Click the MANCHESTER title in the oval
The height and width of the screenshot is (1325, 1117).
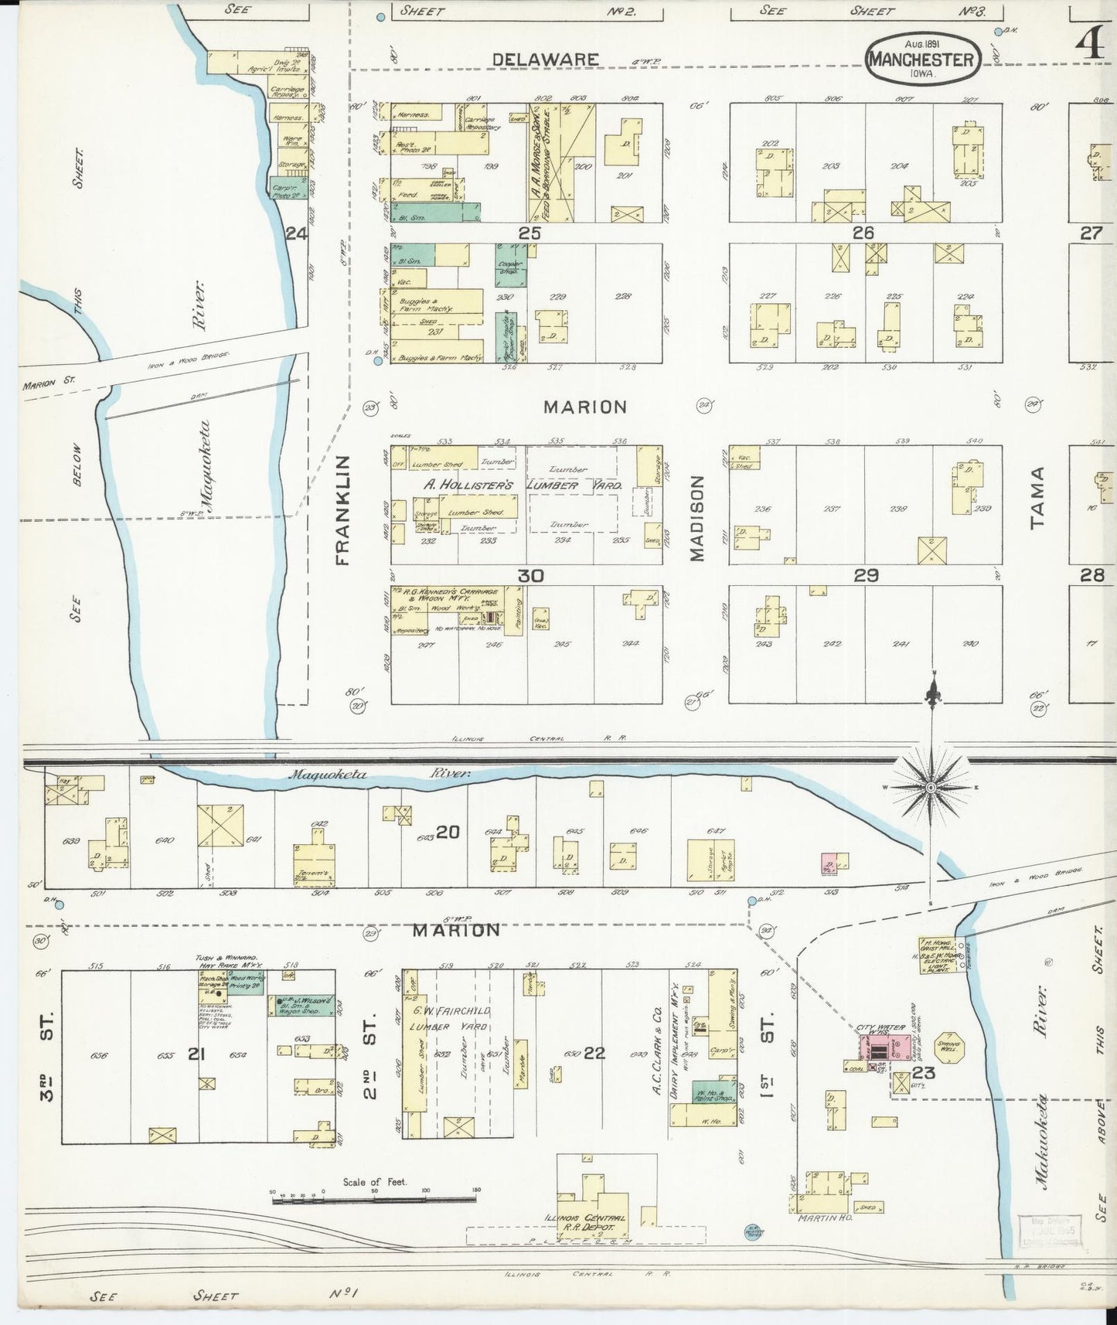coord(923,60)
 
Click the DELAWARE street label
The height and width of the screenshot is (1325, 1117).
coord(545,60)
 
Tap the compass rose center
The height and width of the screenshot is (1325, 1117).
coord(931,787)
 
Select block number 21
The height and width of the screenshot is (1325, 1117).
coord(196,1054)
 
